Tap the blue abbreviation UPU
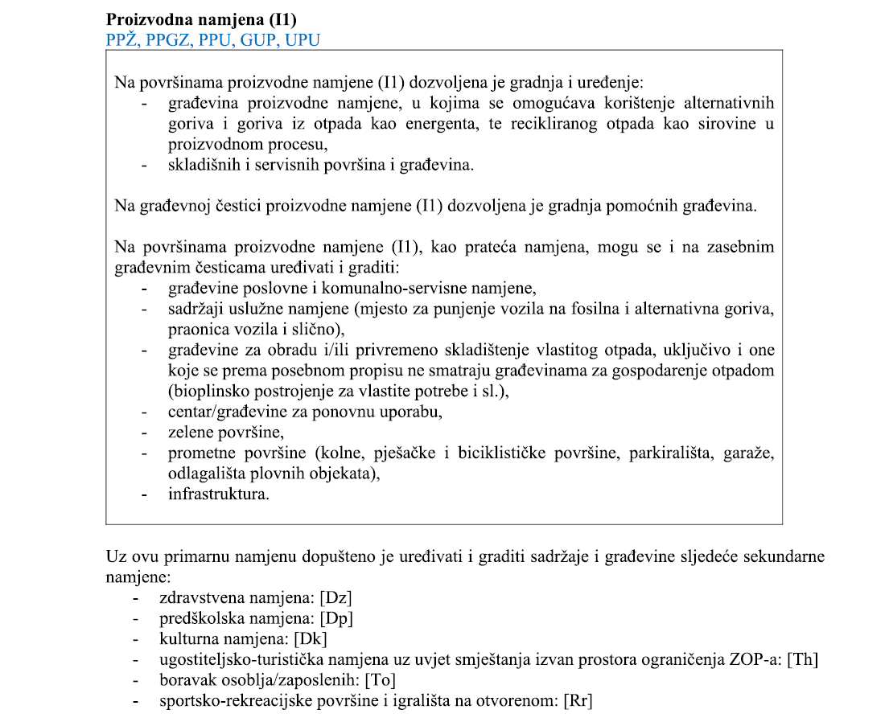pyautogui.click(x=299, y=39)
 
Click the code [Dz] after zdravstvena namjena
pyautogui.click(x=336, y=598)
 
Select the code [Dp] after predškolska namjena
pyautogui.click(x=336, y=618)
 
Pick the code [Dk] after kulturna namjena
pyautogui.click(x=311, y=638)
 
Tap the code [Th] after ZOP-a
pyautogui.click(x=803, y=659)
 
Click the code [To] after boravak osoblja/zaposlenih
pyautogui.click(x=380, y=680)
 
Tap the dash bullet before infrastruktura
pyautogui.click(x=144, y=494)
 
